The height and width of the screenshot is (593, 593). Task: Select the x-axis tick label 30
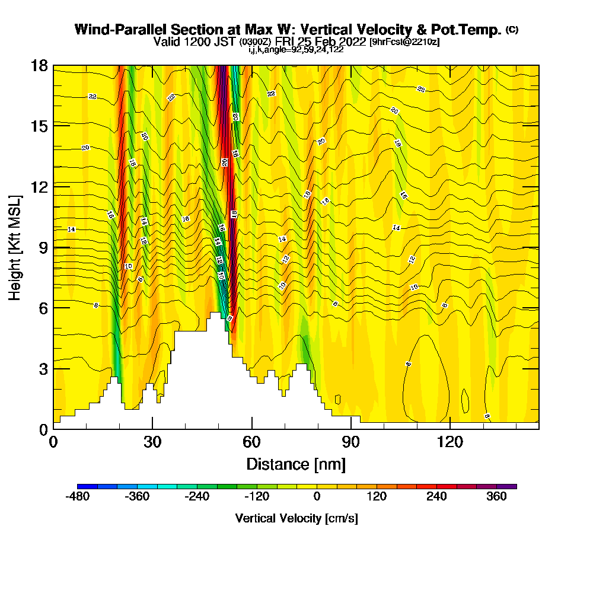(x=152, y=442)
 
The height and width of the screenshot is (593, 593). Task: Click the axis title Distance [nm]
(x=296, y=463)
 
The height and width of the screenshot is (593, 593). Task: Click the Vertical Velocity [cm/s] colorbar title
(x=296, y=518)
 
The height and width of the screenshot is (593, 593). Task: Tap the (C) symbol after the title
(x=512, y=30)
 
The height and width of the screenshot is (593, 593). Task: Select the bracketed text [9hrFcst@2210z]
(x=404, y=42)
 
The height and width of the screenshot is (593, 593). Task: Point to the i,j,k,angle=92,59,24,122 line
(x=296, y=50)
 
